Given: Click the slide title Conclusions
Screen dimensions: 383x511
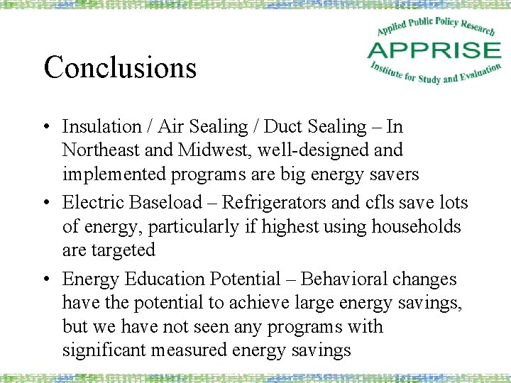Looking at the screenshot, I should (x=120, y=68).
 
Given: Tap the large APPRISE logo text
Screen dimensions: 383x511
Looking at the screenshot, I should (x=434, y=50).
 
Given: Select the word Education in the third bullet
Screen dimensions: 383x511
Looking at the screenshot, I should (x=155, y=279).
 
